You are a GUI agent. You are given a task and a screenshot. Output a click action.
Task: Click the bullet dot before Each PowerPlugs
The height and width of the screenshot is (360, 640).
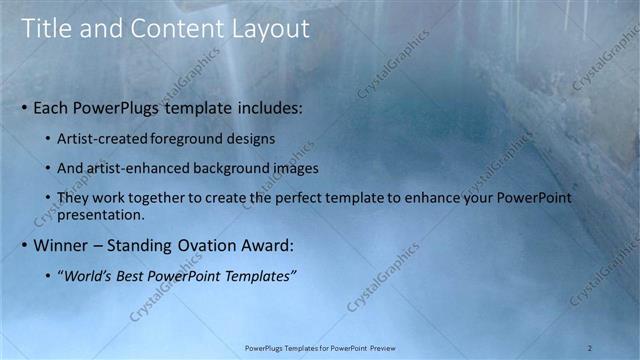(24, 106)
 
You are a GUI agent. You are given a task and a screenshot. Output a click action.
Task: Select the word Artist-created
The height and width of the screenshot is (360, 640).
(106, 137)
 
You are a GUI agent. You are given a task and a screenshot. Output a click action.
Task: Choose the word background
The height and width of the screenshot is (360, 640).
(232, 168)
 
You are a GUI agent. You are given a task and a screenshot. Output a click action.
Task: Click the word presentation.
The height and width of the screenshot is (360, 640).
(103, 214)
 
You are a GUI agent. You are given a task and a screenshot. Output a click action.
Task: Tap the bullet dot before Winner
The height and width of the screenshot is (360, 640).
(24, 245)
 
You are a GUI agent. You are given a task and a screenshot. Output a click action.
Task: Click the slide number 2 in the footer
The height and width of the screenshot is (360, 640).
(590, 347)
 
